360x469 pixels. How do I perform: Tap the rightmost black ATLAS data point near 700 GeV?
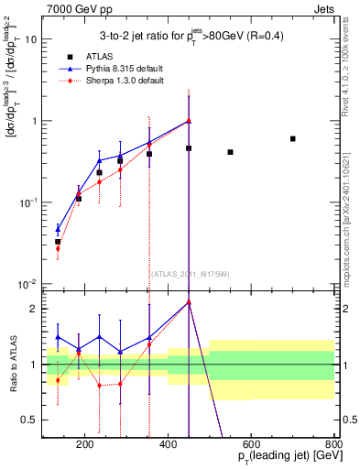292,138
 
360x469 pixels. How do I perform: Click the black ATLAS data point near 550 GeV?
230,152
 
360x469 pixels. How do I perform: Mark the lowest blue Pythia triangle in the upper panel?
58,229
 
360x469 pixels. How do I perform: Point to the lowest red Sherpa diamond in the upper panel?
58,248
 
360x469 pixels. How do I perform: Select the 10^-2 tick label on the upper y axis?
30,283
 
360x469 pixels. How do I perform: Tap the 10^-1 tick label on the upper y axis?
30,202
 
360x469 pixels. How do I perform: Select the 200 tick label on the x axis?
84,444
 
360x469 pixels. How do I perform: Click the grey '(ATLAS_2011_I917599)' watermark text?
188,273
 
